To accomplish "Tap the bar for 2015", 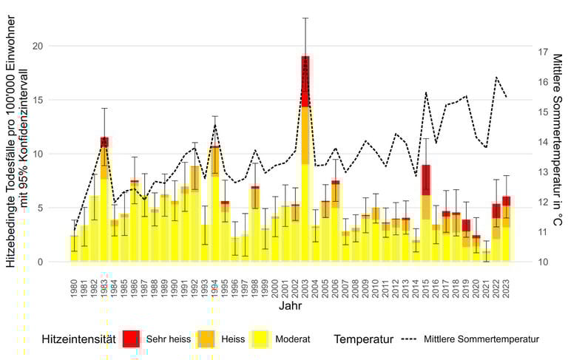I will (x=426, y=214).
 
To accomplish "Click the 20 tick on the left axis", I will (x=39, y=47).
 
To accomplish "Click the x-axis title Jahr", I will (x=290, y=305).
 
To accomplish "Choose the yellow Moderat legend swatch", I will (x=260, y=339).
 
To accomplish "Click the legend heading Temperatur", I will (x=362, y=339).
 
